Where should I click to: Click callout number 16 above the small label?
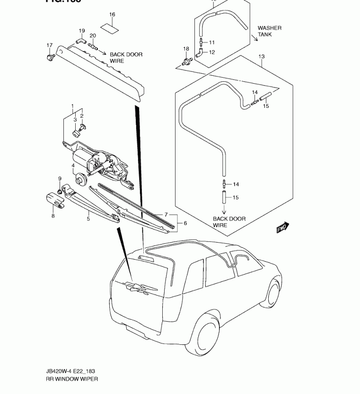[112, 15]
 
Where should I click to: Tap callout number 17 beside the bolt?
[50, 45]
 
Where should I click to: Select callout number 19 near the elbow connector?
[81, 31]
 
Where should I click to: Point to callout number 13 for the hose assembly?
[262, 57]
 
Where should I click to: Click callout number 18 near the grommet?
[186, 49]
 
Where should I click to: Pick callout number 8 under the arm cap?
[53, 216]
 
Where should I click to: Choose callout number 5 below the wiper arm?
[88, 218]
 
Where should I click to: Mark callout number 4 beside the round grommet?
[73, 166]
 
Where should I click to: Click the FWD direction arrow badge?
[282, 228]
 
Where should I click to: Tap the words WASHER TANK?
[269, 31]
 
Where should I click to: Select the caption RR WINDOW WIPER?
[72, 379]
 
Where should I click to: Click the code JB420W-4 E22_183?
[71, 371]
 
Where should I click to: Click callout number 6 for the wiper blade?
[185, 223]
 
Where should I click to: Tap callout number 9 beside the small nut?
[60, 178]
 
